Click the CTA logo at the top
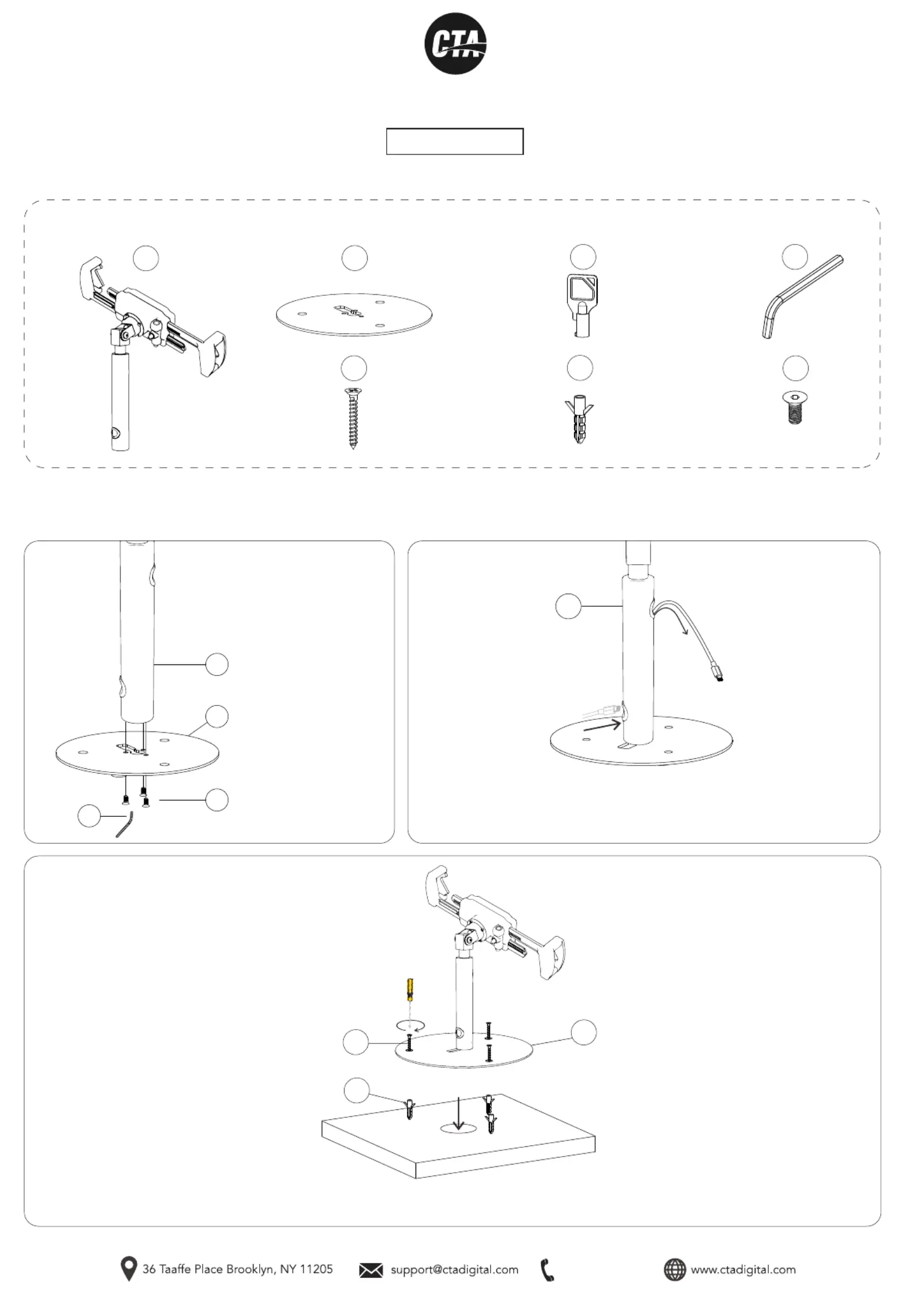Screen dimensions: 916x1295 pos(455,44)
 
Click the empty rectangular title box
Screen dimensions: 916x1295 pos(455,141)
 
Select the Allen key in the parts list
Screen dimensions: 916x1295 pos(802,296)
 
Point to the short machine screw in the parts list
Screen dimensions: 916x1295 pos(795,408)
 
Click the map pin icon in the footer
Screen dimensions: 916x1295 pos(128,1268)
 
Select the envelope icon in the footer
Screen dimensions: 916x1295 pos(371,1270)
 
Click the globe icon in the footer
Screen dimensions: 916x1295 pos(674,1269)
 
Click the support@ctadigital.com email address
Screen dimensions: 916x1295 pos(454,1269)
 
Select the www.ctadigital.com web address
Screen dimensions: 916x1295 pos(743,1269)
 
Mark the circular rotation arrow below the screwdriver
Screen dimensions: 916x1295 pos(410,1025)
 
